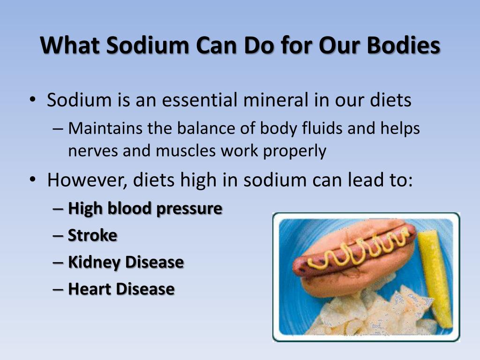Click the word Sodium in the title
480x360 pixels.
click(147, 45)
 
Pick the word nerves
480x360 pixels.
click(93, 151)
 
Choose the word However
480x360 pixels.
click(87, 180)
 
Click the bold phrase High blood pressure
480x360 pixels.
click(145, 209)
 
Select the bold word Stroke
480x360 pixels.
click(92, 235)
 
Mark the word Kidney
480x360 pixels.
click(94, 262)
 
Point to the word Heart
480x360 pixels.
click(89, 289)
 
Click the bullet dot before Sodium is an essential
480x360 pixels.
click(32, 99)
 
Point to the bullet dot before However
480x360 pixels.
click(32, 180)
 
